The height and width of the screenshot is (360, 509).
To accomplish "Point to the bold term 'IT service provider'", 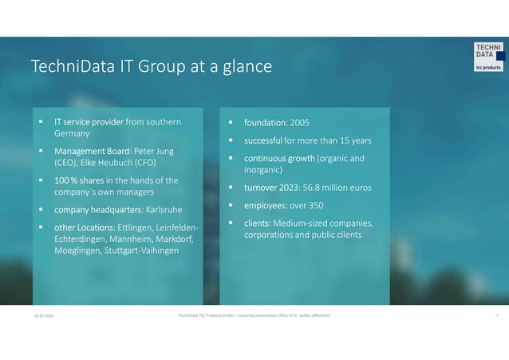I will point(89,122).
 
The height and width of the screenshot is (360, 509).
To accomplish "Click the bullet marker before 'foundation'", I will point(230,124).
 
